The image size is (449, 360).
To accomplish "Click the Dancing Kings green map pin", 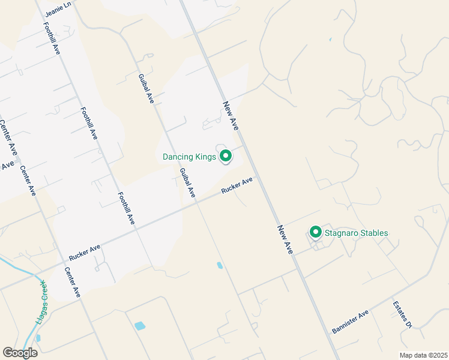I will point(226,156).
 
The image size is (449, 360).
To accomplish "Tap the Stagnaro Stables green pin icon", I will point(315,232).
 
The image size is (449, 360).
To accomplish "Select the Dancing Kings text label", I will point(188,157).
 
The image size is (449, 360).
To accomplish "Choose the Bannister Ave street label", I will point(350,322).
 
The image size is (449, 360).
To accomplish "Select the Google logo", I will point(20,352).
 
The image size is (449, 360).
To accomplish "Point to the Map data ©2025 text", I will point(423,355).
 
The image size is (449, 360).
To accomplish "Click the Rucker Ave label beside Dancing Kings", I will point(237,185).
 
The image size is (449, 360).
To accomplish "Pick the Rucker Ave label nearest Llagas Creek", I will point(84,251).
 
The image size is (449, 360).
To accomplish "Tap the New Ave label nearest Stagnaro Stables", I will point(285,239).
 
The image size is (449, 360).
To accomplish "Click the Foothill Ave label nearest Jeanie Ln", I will point(51,39).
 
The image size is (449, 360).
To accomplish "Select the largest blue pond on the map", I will point(140,326).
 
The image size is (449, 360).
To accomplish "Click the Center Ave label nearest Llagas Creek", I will point(72,283).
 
